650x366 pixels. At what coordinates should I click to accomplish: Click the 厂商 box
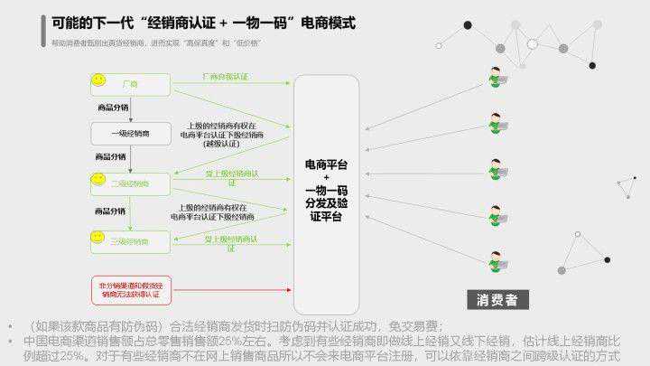coord(130,84)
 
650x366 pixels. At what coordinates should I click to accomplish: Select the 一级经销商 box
coord(130,134)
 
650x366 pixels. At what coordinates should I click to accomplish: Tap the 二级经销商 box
coord(130,183)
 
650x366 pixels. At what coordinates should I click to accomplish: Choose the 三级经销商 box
coord(130,241)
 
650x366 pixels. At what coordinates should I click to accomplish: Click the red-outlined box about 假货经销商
coord(130,288)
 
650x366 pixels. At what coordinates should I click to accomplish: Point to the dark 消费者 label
coord(497,301)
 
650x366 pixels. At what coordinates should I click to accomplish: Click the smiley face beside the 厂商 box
coord(97,82)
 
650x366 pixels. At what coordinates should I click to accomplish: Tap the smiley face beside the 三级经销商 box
coord(97,238)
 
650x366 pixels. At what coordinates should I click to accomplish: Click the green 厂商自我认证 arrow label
coord(225,78)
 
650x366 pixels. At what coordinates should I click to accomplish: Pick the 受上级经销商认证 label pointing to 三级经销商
coord(232,241)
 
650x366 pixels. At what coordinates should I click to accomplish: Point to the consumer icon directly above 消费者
coord(496,262)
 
